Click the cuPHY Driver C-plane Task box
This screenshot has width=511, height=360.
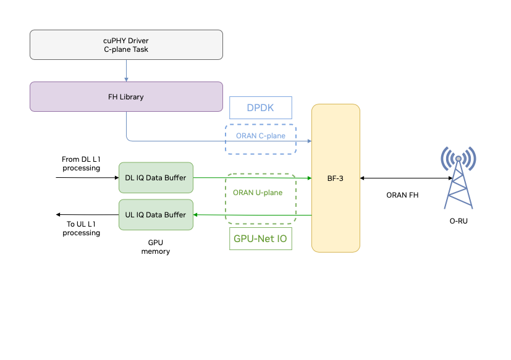[x=126, y=45]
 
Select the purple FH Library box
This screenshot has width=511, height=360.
[x=126, y=97]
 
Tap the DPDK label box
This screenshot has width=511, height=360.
[x=260, y=108]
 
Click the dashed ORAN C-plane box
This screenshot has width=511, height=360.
[x=260, y=140]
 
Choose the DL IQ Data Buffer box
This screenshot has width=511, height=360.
[x=156, y=178]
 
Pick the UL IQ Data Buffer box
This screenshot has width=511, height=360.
[x=156, y=215]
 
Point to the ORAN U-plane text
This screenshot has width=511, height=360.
[x=258, y=193]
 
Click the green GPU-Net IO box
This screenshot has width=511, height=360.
[x=260, y=238]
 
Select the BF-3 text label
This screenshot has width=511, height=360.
[x=335, y=178]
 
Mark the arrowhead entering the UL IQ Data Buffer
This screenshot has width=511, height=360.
[x=196, y=215]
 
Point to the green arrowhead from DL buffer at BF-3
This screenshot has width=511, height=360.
[x=308, y=178]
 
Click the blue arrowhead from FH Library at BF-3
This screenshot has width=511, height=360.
[x=308, y=141]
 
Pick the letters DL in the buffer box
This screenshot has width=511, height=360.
[x=129, y=178]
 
